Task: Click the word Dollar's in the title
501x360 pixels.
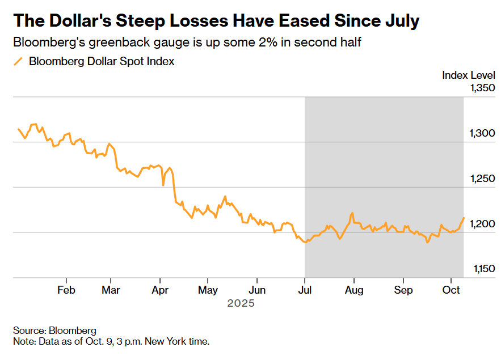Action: [90, 21]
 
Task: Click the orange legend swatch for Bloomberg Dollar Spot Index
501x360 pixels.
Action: [19, 61]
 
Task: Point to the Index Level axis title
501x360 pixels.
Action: [469, 75]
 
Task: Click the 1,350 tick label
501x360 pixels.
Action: [482, 88]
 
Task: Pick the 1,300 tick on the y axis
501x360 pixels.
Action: [482, 133]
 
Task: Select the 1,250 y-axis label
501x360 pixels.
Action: [482, 179]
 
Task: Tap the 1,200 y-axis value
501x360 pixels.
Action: [482, 224]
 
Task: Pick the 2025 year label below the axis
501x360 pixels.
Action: [241, 303]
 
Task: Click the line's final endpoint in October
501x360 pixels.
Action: [464, 218]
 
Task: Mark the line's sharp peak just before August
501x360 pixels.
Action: [352, 213]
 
